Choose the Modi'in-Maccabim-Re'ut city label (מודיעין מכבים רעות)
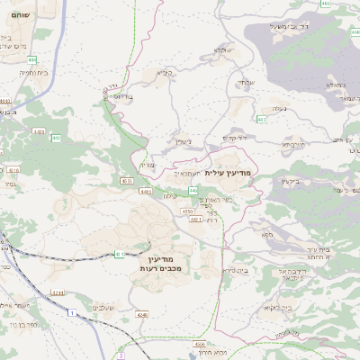tap(163, 263)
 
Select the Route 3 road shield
tap(119, 355)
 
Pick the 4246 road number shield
tap(142, 314)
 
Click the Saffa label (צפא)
tap(267, 234)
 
